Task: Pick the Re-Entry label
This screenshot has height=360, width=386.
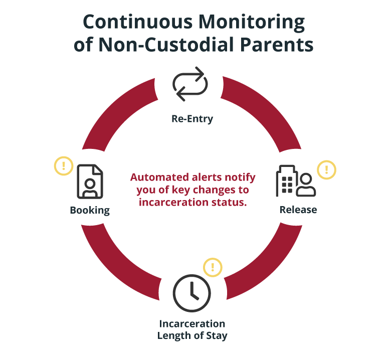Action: click(192, 119)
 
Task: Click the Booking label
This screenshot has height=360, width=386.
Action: click(90, 210)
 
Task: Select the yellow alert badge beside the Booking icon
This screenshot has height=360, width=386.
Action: click(64, 165)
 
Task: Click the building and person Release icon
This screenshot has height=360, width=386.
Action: click(296, 181)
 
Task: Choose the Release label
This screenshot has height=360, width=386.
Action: click(298, 210)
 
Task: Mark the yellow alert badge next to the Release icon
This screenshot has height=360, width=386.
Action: click(327, 169)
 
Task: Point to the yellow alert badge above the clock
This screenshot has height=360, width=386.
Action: click(213, 266)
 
